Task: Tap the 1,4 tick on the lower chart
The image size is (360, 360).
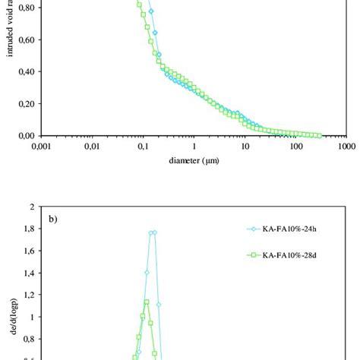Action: click(33, 272)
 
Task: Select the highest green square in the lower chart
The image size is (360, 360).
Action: click(148, 302)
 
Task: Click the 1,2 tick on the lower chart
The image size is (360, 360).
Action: click(33, 294)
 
